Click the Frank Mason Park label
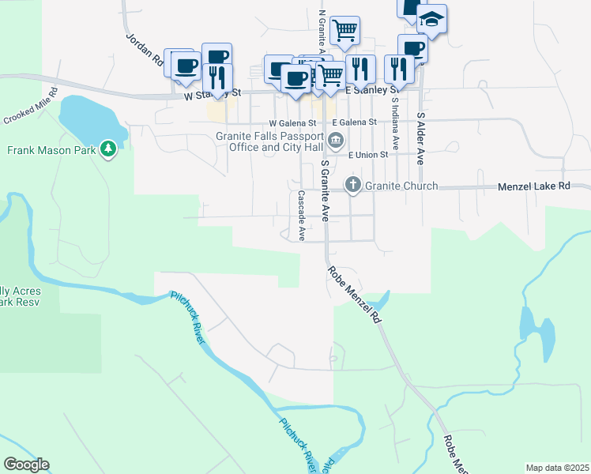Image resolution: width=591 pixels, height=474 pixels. point(51,149)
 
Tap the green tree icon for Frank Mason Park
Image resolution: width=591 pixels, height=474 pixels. point(109,149)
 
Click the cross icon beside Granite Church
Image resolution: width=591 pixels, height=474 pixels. point(352,186)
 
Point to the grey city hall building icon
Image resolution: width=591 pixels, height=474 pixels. point(336,141)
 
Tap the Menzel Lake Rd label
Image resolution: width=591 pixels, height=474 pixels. point(533,186)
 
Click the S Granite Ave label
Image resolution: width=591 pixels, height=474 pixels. point(325,190)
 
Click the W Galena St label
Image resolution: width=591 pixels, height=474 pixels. point(292,123)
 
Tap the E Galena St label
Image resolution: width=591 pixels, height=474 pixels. point(354,122)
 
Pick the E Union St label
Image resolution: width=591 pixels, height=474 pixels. point(368,155)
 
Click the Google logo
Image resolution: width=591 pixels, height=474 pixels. point(26,465)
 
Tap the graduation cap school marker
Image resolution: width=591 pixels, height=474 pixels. point(431,19)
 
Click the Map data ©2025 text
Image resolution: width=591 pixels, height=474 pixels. point(557,468)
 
